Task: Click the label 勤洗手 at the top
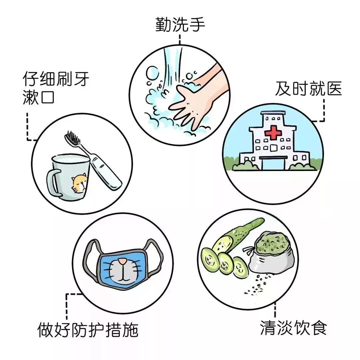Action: click(x=180, y=25)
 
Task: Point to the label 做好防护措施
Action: click(x=87, y=330)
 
